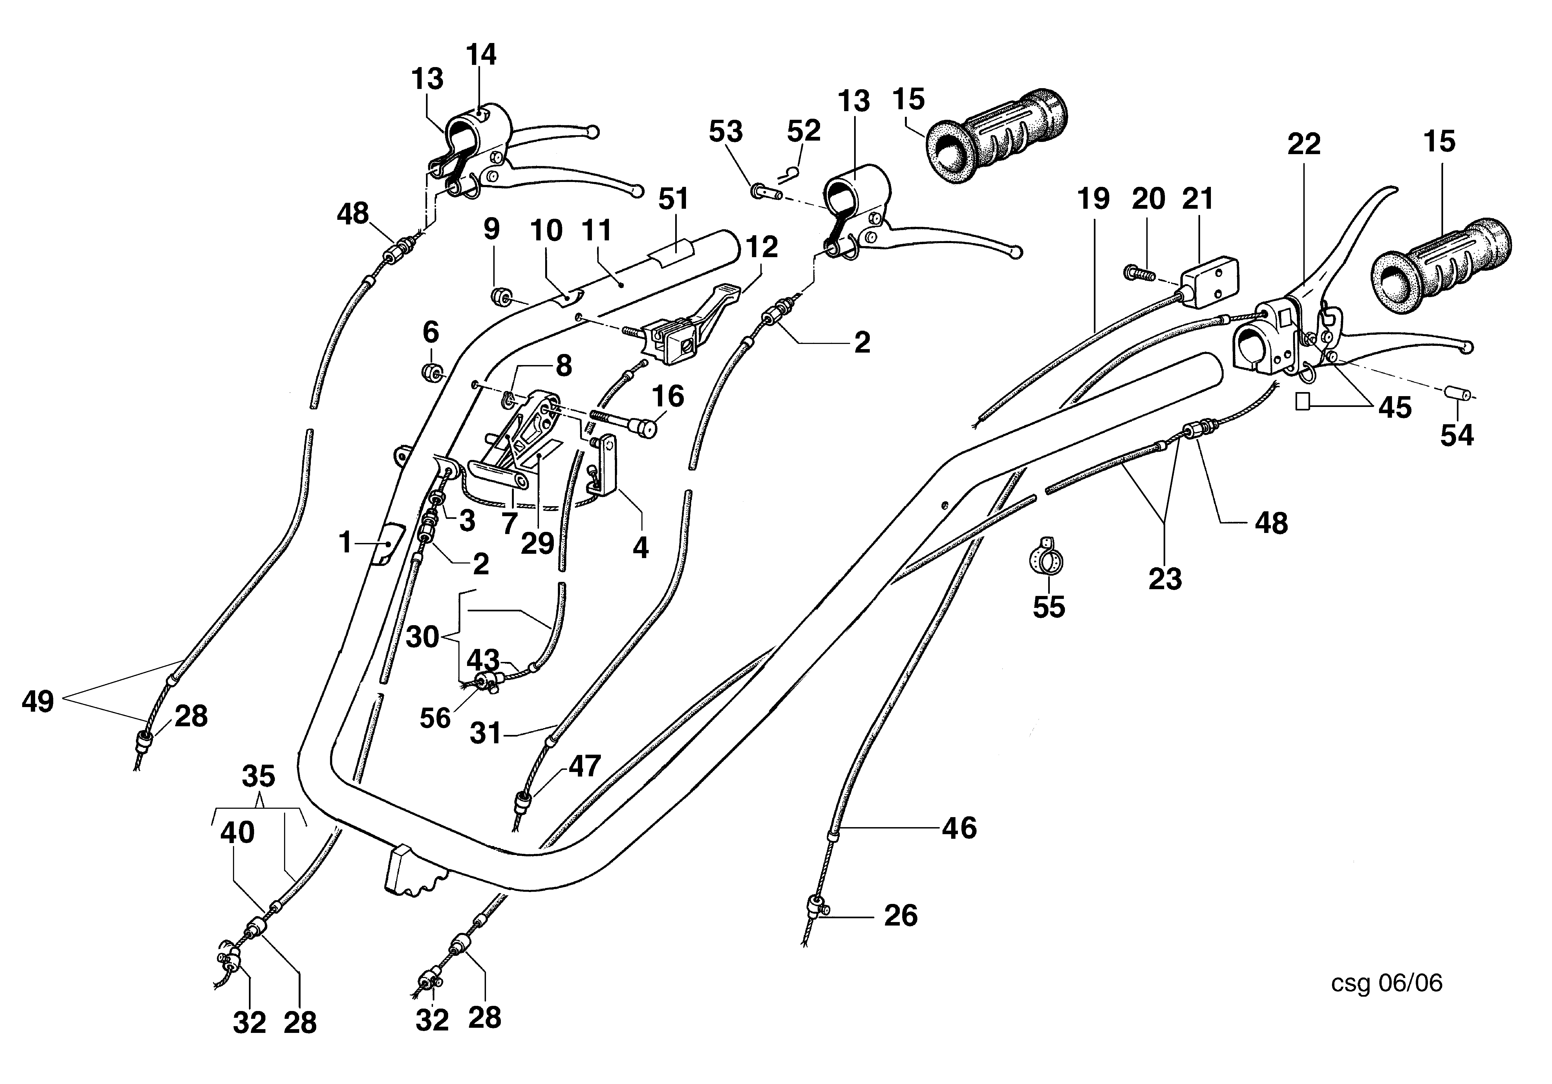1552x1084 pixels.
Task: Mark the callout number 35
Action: (x=258, y=776)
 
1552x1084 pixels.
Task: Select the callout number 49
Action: (x=38, y=701)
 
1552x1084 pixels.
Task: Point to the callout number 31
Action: (x=485, y=733)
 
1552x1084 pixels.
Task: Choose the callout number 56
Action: (x=435, y=718)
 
